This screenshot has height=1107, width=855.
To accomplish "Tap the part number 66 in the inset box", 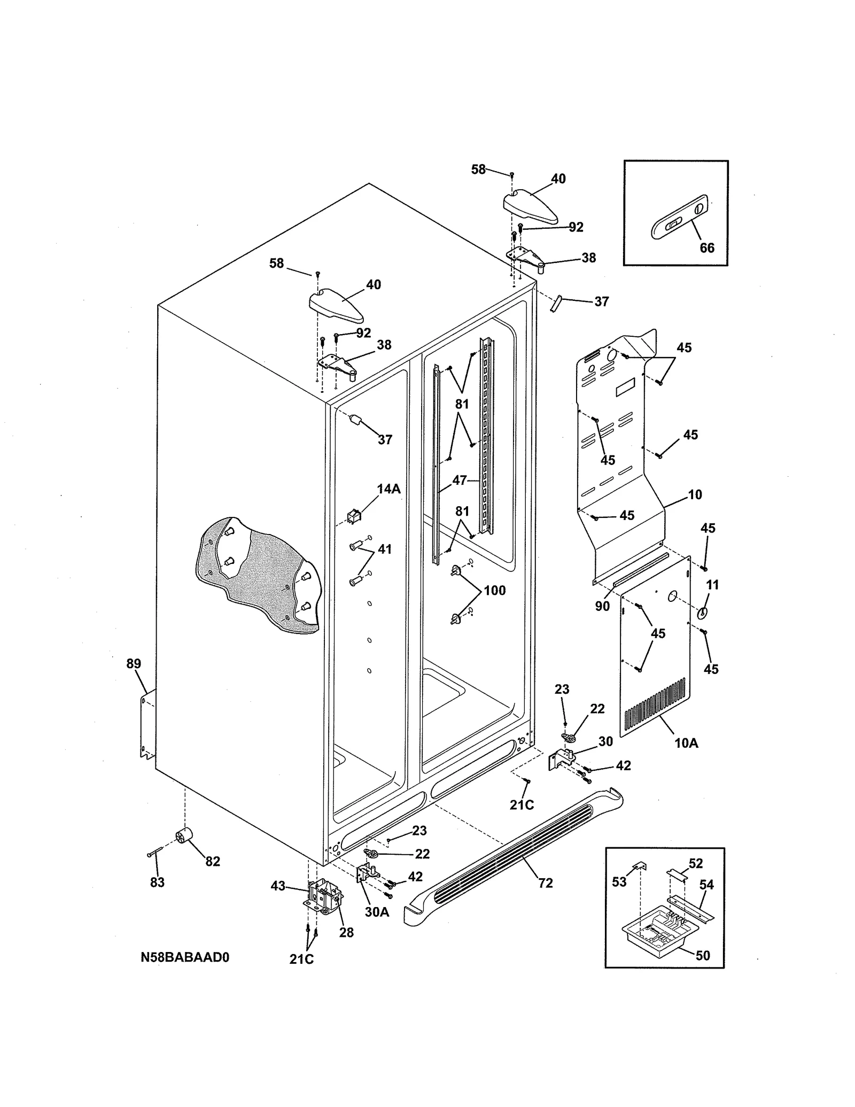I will click(x=706, y=248).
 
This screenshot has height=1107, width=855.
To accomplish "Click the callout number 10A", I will click(x=686, y=742).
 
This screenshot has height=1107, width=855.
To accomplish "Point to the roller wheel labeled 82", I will click(x=183, y=836).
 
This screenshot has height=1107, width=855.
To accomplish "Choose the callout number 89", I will click(x=134, y=663).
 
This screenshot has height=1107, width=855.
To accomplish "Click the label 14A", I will click(x=388, y=489).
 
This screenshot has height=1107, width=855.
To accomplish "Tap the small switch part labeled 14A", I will click(x=353, y=516).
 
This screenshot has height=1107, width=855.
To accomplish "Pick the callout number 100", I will click(x=494, y=590).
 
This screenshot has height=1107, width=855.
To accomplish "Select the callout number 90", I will click(x=602, y=606).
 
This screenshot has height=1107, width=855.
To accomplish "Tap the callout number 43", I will click(x=278, y=886).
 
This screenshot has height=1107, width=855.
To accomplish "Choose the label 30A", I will click(x=377, y=912).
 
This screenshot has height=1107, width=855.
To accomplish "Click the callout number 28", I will click(x=346, y=932).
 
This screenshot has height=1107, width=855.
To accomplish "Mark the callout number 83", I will click(x=157, y=882).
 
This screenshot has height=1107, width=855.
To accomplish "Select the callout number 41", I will click(x=385, y=549).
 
